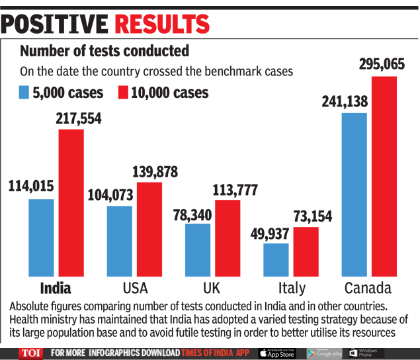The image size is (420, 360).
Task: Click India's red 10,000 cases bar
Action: tap(71, 202)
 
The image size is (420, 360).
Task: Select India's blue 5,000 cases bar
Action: tap(41, 237)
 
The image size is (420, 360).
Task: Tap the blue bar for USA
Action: tap(119, 240)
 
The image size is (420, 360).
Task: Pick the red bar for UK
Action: tap(228, 237)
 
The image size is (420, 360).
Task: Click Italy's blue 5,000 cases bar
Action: tap(276, 259)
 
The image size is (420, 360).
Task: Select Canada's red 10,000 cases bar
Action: tap(384, 175)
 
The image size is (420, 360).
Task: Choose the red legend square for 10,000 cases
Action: tap(122, 92)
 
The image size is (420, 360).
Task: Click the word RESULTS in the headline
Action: tap(162, 24)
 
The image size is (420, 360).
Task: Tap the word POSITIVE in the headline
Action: tap(56, 24)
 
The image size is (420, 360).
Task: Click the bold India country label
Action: tap(56, 288)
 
